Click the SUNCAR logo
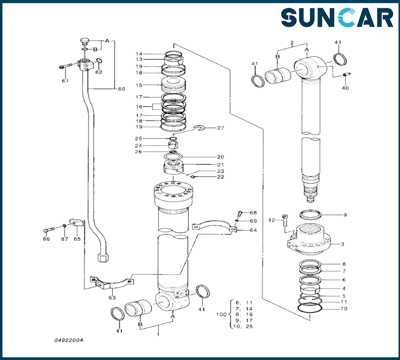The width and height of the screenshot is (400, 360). (x=337, y=18)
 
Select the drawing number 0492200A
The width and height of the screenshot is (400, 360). (x=69, y=340)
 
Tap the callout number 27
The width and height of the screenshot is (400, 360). (x=220, y=128)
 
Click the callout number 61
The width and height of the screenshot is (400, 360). (x=65, y=81)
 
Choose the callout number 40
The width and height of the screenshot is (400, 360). (x=344, y=88)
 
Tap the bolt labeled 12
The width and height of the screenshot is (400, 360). (x=284, y=220)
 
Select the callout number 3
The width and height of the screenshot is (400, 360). (x=342, y=244)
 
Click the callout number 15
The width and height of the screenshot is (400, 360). (x=139, y=85)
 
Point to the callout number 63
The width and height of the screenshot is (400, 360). (x=112, y=298)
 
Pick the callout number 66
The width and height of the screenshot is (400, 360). (x=46, y=239)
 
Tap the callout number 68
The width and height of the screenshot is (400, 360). (x=254, y=212)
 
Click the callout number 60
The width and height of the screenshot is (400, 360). (x=121, y=89)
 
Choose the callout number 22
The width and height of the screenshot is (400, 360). (x=220, y=177)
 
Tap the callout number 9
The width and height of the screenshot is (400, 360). (x=345, y=215)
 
